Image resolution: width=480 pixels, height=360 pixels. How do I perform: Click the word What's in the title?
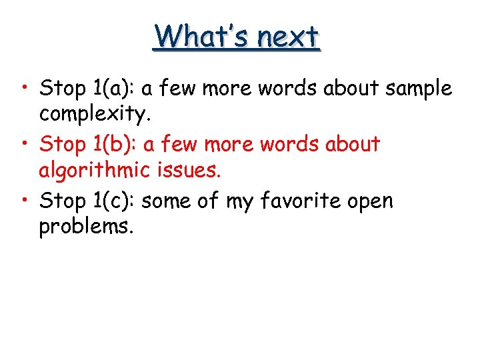194,37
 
